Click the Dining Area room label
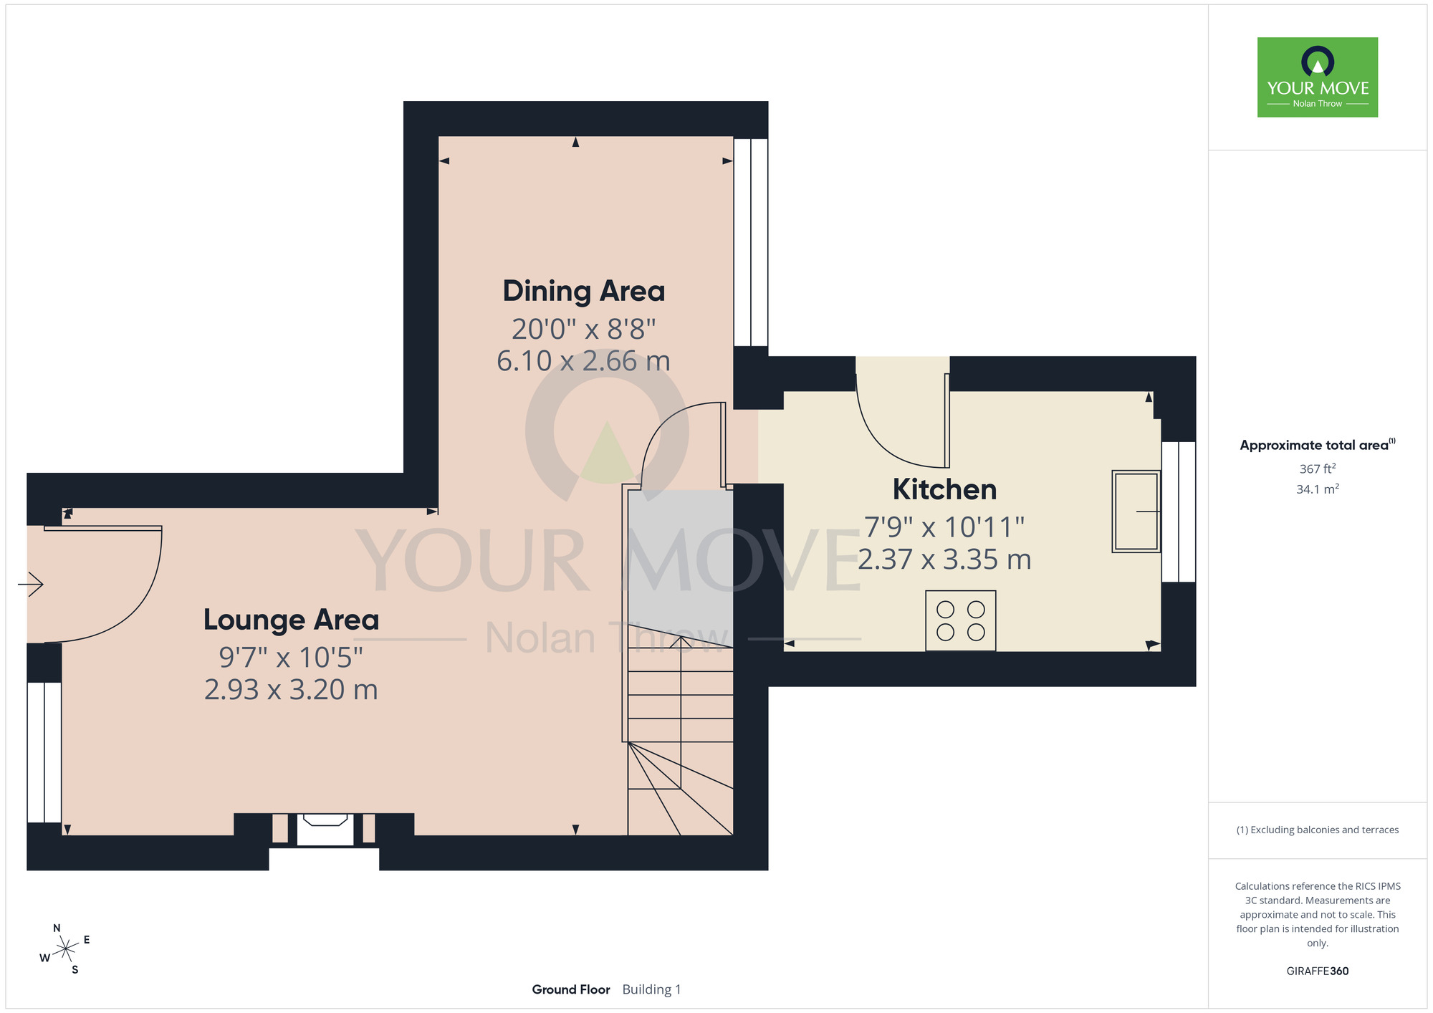[584, 292]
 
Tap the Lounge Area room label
[291, 620]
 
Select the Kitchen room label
[944, 489]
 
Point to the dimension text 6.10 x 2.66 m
[584, 360]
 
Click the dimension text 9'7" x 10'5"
[291, 657]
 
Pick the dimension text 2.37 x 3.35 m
[944, 559]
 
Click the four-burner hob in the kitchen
[960, 620]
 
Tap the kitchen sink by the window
[1136, 512]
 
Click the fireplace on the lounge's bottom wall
[325, 830]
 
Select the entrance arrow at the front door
[31, 584]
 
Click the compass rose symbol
[65, 949]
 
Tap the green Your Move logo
[1318, 77]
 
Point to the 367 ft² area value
[1318, 469]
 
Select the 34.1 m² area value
[1318, 489]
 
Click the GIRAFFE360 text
[1318, 971]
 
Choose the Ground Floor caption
[571, 989]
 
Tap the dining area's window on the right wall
[751, 242]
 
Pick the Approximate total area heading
[1318, 445]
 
